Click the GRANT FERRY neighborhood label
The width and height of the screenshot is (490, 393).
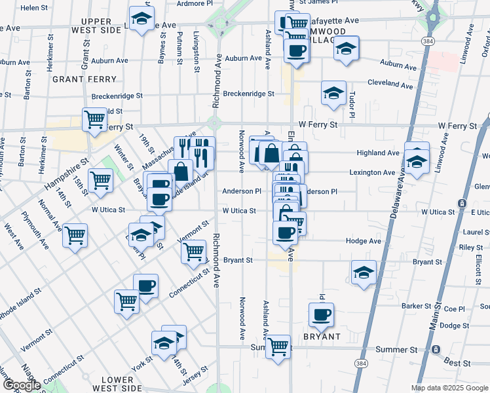[85, 79]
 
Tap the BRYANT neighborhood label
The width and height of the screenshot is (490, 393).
[322, 337]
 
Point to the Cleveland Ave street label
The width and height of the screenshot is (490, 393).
[390, 84]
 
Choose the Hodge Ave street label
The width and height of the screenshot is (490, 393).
[364, 241]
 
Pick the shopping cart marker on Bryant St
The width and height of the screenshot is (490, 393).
[194, 250]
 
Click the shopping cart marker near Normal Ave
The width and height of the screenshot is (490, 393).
[75, 234]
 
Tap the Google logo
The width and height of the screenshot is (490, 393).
[21, 385]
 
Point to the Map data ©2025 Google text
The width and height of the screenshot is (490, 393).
[449, 388]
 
